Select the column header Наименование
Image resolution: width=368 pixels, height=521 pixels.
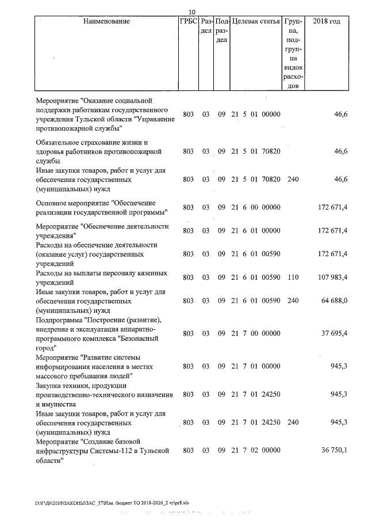coord(107,21)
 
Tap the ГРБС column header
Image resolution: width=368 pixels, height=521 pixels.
coord(188,21)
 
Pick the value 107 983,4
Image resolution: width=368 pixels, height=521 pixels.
coord(332,277)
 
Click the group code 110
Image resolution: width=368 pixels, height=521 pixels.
coord(293,277)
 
